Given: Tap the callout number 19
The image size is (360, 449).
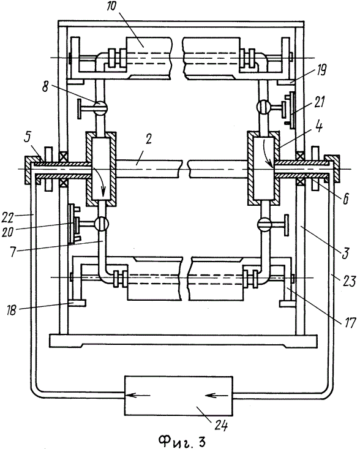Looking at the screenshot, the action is (321, 70).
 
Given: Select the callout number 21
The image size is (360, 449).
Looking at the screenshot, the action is (319, 102).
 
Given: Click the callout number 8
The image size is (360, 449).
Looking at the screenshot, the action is (45, 87).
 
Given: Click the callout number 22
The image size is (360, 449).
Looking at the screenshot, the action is (8, 218).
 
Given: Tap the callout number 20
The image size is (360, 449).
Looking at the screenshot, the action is (7, 231).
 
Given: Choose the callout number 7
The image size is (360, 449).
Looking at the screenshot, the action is (13, 252).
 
